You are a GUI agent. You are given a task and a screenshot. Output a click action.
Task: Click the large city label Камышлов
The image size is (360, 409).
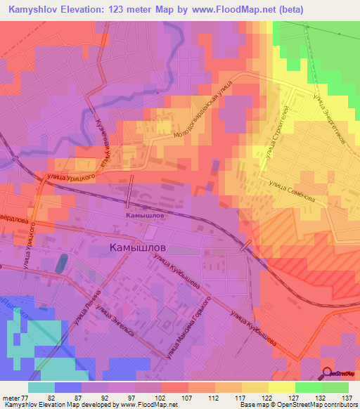click(139, 248)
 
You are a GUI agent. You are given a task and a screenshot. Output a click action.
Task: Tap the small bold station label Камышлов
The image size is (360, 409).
click(146, 216)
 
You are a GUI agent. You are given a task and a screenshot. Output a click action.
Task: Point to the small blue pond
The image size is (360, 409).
click(62, 264)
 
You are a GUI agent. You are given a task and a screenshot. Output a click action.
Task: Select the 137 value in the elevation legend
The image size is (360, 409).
click(347, 398)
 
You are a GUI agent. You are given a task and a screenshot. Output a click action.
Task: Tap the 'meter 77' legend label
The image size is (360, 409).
click(13, 398)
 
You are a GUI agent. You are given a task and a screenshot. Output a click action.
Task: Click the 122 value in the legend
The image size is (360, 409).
click(268, 398)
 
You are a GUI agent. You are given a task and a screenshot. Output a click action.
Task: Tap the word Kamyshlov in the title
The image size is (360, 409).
click(34, 8)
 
